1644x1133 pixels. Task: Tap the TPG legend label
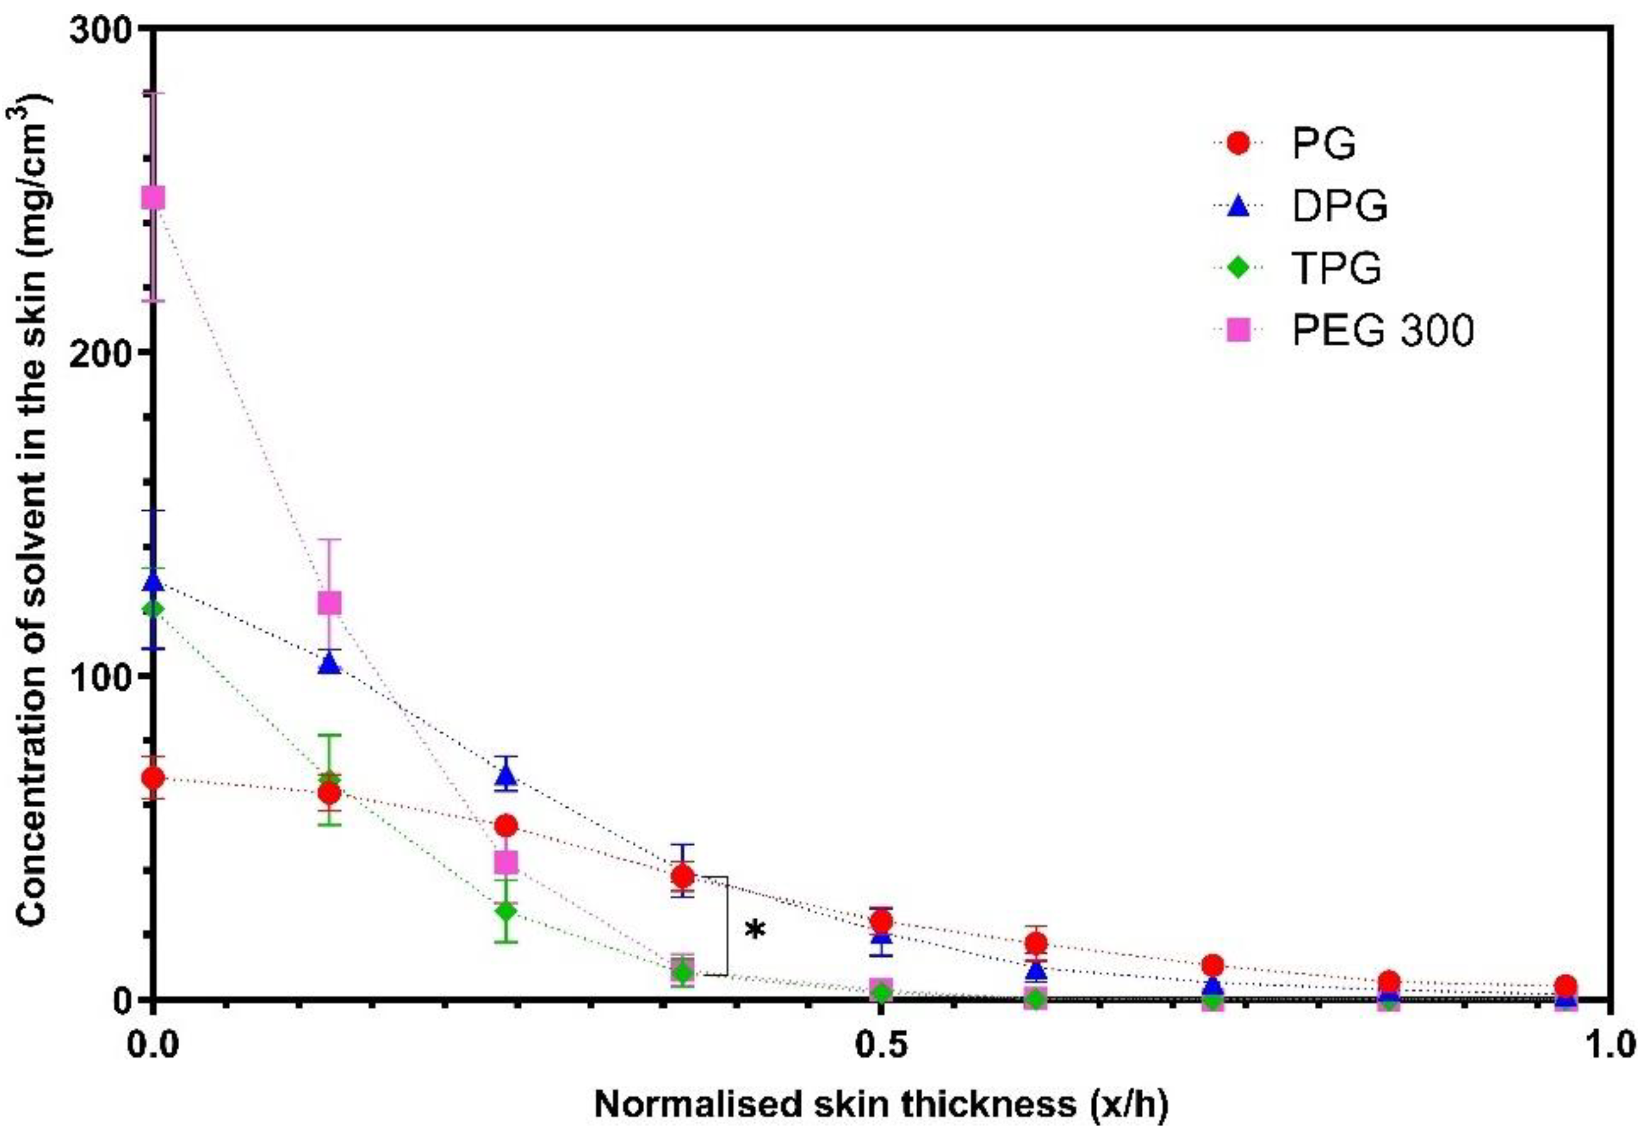pos(1337,268)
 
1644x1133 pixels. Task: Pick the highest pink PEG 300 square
pos(153,198)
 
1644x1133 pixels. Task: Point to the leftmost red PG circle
pos(153,778)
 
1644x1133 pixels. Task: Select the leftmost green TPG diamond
pos(153,609)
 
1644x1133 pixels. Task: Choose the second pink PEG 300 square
pos(328,604)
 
